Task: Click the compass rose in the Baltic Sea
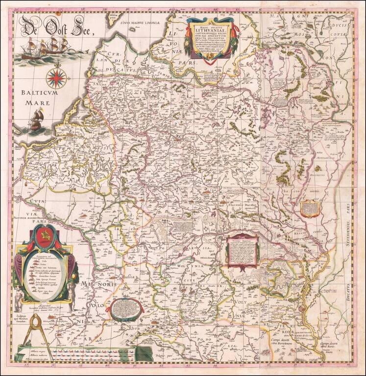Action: point(56,76)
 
